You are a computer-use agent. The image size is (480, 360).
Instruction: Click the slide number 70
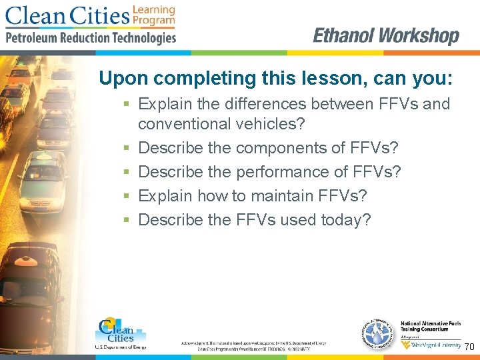[469, 347]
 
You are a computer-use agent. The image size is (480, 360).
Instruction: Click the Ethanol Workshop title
[386, 36]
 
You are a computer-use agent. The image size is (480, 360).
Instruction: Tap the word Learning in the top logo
[154, 9]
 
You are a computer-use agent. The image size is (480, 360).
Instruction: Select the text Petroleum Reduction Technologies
[91, 38]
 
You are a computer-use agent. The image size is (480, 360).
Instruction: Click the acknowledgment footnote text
[253, 345]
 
